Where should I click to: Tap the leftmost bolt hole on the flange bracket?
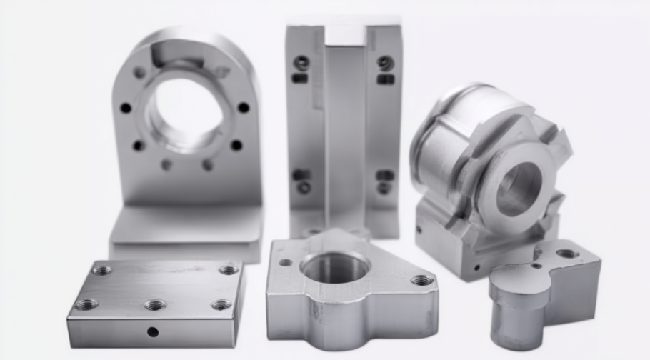coord(126,108)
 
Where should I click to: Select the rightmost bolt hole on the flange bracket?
coord(244,107)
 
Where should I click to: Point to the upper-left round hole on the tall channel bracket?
coord(301,63)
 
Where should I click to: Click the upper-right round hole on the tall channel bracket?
coord(386,64)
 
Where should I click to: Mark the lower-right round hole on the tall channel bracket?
coord(384,188)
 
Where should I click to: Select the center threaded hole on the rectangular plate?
coord(154,305)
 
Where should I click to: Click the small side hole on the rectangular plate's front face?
coord(153,331)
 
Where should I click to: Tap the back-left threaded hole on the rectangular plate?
coord(102,270)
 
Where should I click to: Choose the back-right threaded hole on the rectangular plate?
coord(229,269)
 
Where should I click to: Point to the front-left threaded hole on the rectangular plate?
coord(86,304)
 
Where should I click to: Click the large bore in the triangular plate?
coord(335,267)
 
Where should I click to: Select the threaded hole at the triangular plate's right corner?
coord(421,280)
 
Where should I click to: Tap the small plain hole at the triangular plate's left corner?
coord(286,262)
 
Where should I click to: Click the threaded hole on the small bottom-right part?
coord(567,254)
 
